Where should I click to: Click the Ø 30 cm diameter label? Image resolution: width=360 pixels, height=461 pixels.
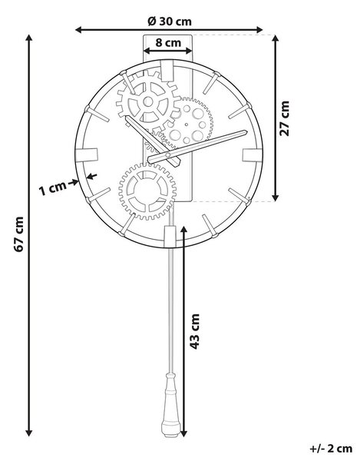[170, 22]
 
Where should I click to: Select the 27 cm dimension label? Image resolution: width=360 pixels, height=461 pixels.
[284, 118]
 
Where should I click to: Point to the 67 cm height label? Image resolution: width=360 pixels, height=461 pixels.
[19, 234]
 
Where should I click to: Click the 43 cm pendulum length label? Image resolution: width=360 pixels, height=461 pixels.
[194, 332]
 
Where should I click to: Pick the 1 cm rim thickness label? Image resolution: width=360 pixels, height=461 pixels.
[52, 188]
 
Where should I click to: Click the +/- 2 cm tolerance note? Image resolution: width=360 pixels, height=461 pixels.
[331, 449]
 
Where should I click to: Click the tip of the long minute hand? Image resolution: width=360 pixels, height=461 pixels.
[246, 131]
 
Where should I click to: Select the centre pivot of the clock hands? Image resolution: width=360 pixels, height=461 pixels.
[167, 154]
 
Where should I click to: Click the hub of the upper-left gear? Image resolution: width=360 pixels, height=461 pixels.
[148, 102]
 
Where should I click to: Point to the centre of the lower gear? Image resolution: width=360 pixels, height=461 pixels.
[147, 192]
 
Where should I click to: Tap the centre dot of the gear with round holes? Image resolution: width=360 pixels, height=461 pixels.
[187, 124]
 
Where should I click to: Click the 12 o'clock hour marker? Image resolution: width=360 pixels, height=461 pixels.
[167, 70]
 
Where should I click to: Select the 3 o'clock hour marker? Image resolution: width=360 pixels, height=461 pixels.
[253, 155]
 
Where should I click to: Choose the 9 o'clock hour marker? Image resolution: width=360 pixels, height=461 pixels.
[86, 155]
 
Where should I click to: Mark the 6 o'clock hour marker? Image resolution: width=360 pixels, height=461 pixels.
[169, 236]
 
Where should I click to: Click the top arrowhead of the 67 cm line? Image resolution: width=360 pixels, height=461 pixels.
[28, 38]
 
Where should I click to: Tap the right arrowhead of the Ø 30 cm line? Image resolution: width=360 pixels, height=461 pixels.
[259, 30]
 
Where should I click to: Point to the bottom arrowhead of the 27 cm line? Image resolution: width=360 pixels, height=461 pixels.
[275, 197]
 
